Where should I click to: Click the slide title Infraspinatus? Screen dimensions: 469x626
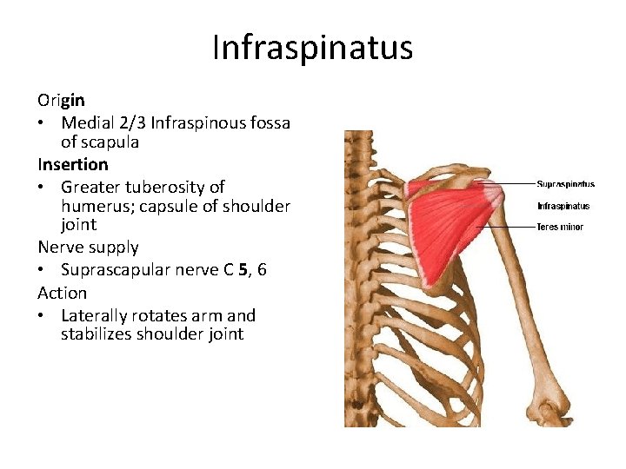pos(312,48)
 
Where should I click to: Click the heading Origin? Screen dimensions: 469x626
pos(61,101)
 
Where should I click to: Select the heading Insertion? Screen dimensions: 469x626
pos(73,164)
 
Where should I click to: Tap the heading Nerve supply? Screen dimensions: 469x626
pos(88,248)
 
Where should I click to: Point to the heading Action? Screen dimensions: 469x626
pos(62,293)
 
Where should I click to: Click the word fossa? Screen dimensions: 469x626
pos(268,122)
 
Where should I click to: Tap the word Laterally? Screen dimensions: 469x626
pos(95,315)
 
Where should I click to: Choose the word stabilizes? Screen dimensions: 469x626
pos(95,334)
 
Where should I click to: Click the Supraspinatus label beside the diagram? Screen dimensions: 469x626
pos(565,184)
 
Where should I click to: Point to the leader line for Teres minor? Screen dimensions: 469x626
pos(522,227)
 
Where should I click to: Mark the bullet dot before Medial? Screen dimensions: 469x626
pos(42,123)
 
